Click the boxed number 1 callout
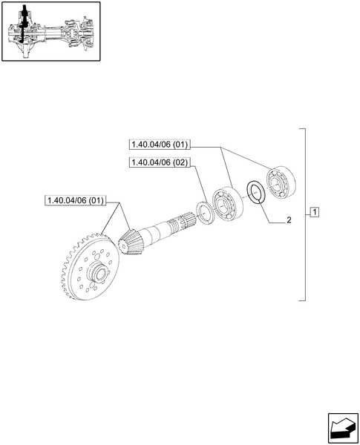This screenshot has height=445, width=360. point(315,213)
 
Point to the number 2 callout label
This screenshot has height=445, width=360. point(289,220)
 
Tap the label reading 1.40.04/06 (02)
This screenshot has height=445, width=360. point(158,162)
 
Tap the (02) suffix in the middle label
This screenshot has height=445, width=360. point(178,162)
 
